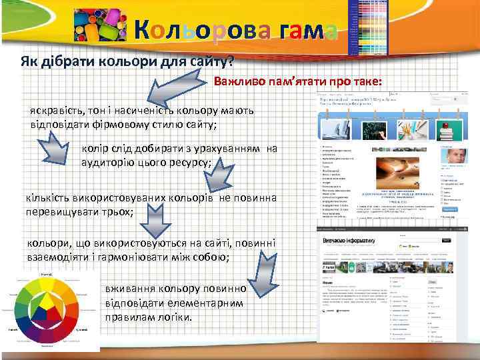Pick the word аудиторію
107,162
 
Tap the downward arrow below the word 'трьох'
155,217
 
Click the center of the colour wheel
48,309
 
